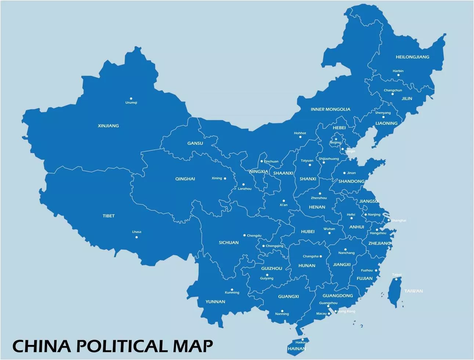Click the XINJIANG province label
(108, 126)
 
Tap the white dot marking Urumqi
(131, 98)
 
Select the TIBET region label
(109, 216)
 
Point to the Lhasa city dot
(137, 237)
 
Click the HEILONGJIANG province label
(412, 57)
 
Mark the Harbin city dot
(398, 75)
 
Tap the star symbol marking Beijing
(336, 139)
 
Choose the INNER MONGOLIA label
(330, 109)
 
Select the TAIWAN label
(413, 291)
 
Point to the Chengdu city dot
(244, 235)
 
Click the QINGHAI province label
(185, 179)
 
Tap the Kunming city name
(232, 293)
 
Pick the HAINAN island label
(296, 349)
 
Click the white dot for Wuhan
(329, 233)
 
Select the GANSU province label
(195, 143)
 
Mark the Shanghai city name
(399, 220)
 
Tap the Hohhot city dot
(300, 137)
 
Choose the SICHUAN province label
(229, 242)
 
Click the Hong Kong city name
(346, 312)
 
